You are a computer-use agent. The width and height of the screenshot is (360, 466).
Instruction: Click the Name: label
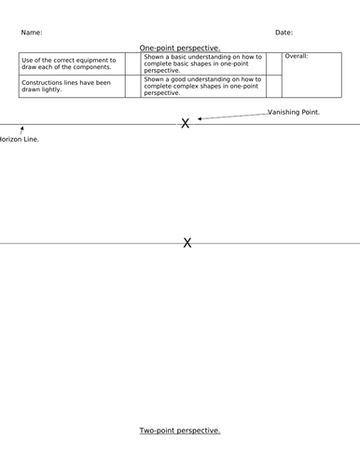point(31,33)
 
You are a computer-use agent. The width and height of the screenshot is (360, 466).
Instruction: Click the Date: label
point(284,33)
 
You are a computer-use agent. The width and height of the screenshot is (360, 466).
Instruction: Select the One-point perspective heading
point(180,48)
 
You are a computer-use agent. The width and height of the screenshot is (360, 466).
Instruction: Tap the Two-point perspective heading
point(180,431)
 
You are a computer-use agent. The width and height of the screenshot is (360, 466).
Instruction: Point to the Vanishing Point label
point(293,112)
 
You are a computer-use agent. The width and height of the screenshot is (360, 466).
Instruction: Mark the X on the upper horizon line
point(186,123)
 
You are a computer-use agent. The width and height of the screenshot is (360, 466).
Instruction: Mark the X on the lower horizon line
point(187,243)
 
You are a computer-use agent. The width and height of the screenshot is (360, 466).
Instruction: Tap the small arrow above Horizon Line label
point(21,130)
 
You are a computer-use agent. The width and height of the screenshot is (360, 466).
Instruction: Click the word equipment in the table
point(96,61)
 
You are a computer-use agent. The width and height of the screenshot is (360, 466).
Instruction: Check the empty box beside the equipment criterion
point(132,64)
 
